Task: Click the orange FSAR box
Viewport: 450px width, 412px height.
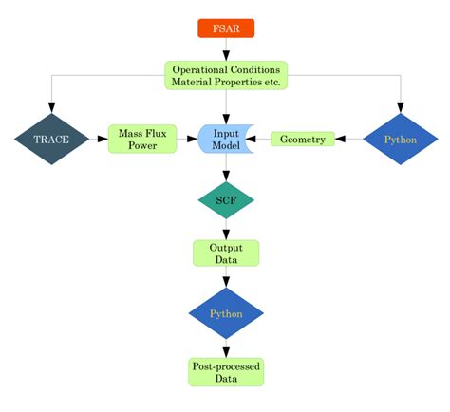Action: (226, 28)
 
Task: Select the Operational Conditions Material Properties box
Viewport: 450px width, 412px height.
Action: (226, 75)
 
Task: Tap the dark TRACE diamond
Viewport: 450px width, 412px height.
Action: (51, 139)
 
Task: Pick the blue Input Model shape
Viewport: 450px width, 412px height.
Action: (225, 139)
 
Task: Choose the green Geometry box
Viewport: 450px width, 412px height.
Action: (304, 140)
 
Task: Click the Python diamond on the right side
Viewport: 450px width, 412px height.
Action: (400, 140)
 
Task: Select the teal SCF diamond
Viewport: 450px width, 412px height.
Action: (226, 199)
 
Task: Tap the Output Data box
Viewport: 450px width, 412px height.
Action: (226, 253)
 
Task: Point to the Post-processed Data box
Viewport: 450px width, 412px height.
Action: (226, 371)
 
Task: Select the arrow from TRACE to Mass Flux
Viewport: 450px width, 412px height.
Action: (98, 139)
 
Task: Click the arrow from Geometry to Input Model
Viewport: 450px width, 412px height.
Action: (261, 140)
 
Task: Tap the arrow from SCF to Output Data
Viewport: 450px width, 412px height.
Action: (226, 229)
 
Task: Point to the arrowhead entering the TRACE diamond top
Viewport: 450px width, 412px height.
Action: (51, 107)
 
